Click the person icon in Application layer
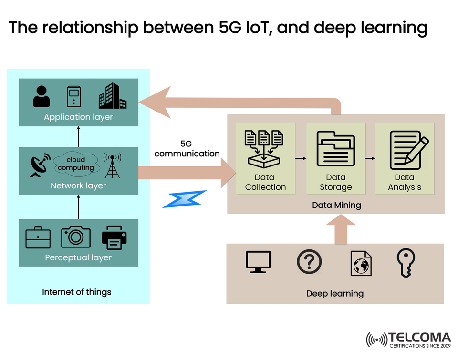pos(42,96)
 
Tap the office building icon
pos(113,96)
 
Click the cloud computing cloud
pos(76,164)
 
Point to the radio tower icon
pos(113,165)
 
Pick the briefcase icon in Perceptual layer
pos(38,237)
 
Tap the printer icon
pos(114,237)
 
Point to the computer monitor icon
pos(258,262)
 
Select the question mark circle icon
pos(309,262)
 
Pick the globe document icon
pos(361,263)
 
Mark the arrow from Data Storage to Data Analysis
pos(369,157)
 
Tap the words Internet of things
pos(77,292)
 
